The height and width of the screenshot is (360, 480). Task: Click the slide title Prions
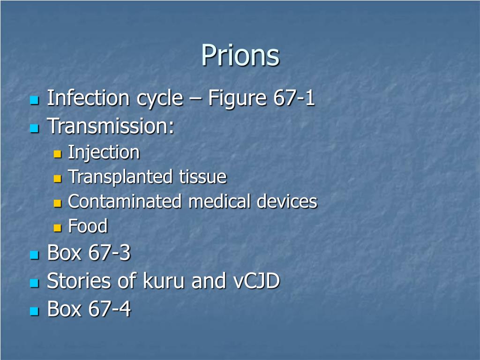(240, 56)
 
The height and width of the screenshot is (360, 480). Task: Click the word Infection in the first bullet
(88, 98)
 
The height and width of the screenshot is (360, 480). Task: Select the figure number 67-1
(293, 98)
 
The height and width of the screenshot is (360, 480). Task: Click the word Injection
(104, 152)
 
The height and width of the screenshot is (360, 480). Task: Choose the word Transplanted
(120, 177)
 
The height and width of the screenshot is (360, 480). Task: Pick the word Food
(88, 226)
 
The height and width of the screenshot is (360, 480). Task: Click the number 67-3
(109, 253)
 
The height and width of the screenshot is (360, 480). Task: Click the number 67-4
(109, 309)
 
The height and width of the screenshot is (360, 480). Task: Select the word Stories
(79, 281)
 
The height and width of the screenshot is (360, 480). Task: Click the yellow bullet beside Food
(58, 228)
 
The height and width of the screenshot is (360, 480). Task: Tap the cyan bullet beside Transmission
(34, 128)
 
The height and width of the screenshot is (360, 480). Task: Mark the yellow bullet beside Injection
(58, 154)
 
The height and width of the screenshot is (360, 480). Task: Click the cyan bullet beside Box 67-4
(34, 311)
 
